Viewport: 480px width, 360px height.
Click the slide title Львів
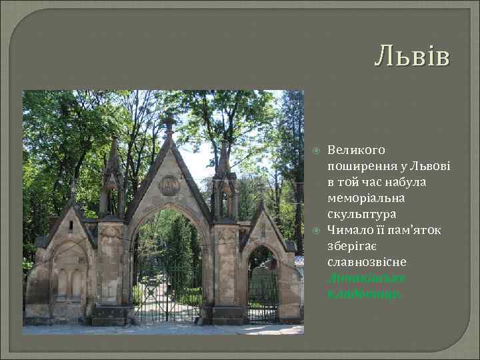tap(412, 56)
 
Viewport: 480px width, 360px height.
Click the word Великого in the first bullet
tap(356, 150)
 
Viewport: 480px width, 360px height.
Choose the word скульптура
tap(361, 214)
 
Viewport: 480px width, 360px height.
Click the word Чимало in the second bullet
tap(349, 230)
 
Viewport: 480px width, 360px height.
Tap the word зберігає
tap(355, 246)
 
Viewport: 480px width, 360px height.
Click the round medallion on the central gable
tap(169, 185)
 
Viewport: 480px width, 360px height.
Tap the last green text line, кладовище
tap(363, 294)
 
